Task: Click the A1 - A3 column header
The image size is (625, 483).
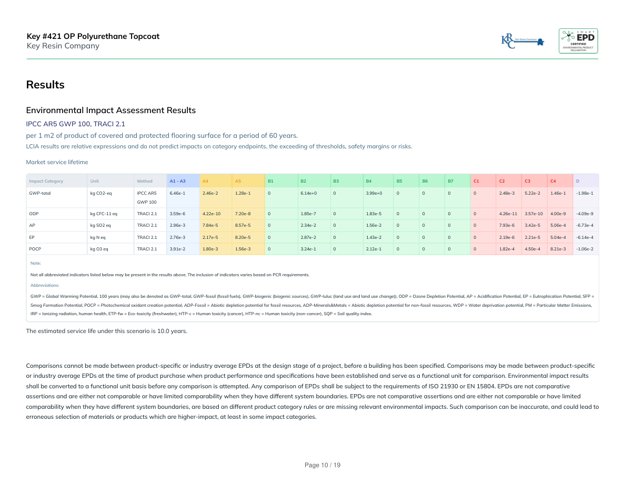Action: [x=177, y=181]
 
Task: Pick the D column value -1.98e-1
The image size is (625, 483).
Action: [x=584, y=193]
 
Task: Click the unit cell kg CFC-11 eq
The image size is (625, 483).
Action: [x=104, y=214]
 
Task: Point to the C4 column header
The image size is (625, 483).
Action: [x=553, y=181]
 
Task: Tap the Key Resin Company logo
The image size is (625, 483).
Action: [x=523, y=41]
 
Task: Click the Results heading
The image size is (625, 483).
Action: [x=45, y=85]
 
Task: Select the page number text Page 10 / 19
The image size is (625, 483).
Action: [x=323, y=465]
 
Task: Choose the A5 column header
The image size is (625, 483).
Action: [x=238, y=181]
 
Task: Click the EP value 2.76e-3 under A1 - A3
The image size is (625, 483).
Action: [x=177, y=237]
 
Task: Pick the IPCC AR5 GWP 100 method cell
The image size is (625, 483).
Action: [x=147, y=197]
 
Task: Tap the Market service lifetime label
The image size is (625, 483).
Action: [x=57, y=162]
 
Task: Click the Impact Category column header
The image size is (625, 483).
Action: [x=46, y=181]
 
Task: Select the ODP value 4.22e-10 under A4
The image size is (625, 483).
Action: [x=211, y=214]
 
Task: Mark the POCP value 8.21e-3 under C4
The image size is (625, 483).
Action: [x=558, y=248]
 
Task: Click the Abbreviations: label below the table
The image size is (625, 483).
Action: [x=45, y=285]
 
